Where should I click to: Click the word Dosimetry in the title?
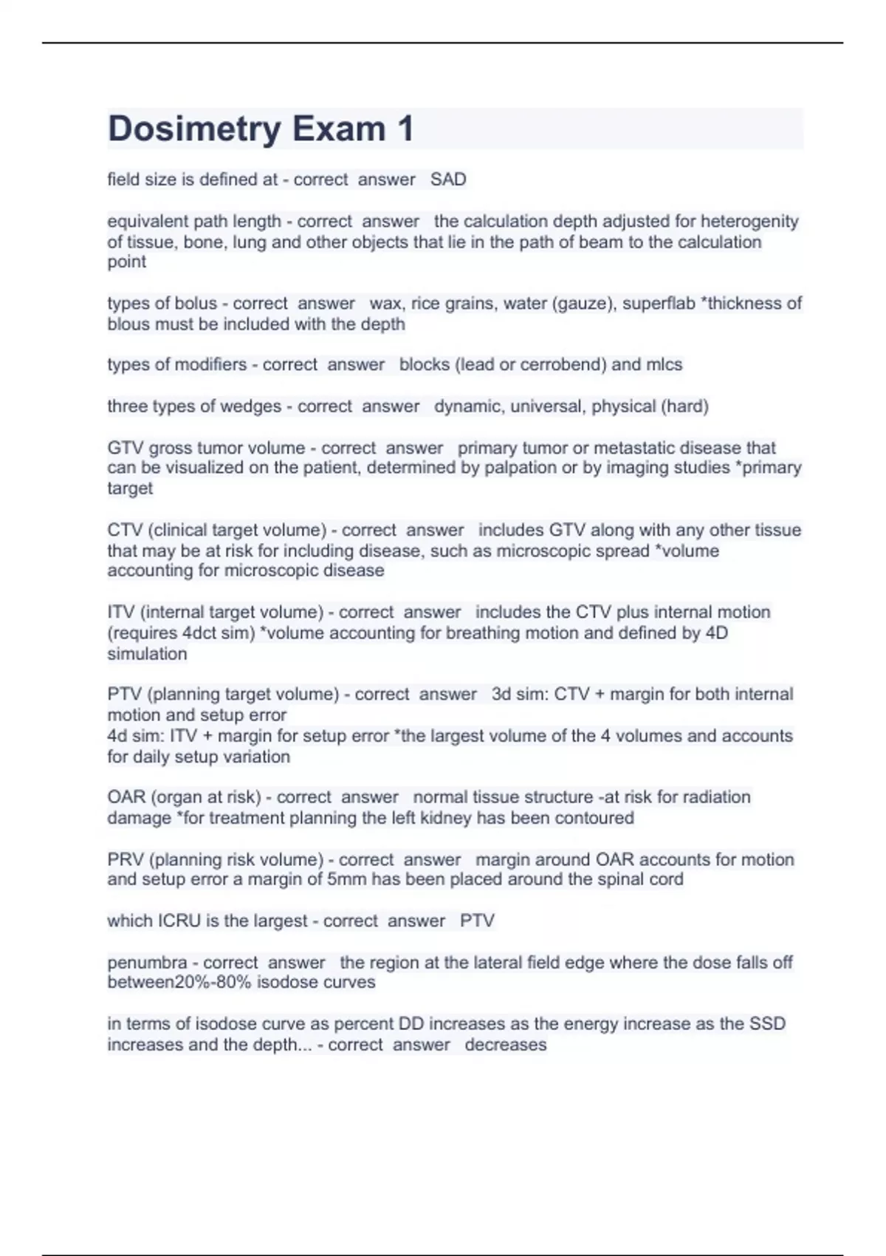pyautogui.click(x=193, y=129)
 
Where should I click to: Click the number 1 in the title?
pyautogui.click(x=405, y=129)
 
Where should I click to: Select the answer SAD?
pyautogui.click(x=448, y=180)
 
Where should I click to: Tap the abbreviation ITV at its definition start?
pyautogui.click(x=120, y=612)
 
